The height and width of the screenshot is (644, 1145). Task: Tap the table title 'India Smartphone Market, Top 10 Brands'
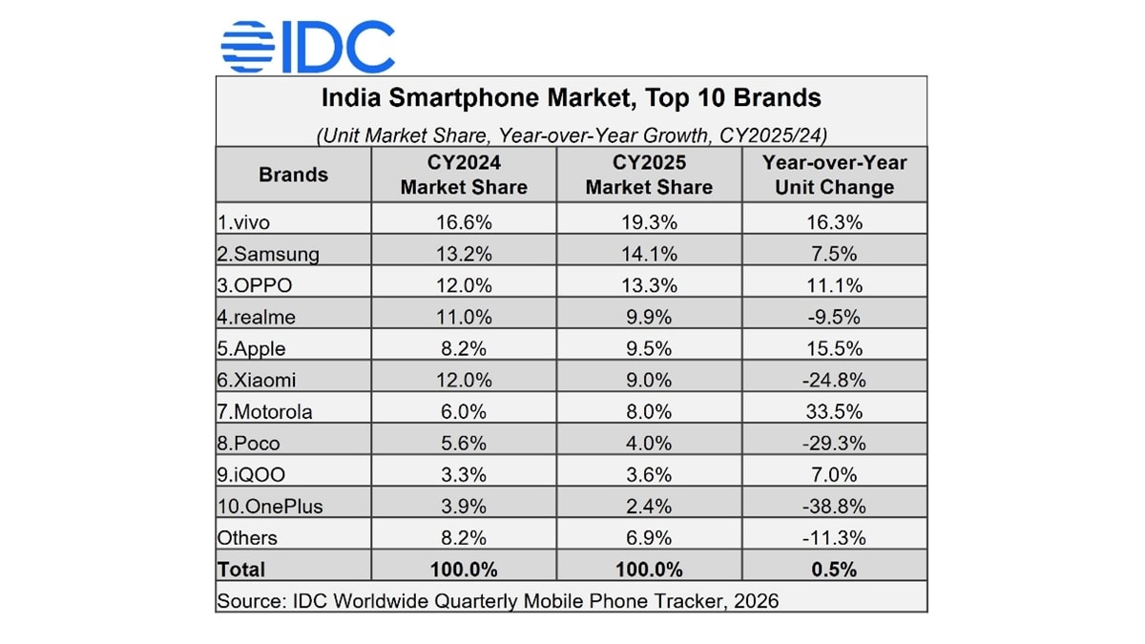coord(571,97)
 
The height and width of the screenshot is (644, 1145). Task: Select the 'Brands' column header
coord(293,175)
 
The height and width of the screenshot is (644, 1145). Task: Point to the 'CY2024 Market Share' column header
coord(464,175)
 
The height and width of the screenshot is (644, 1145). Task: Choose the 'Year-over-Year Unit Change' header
coord(834,175)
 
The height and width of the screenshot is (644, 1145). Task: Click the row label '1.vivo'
coord(244,222)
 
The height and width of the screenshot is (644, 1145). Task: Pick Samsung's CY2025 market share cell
coord(649,254)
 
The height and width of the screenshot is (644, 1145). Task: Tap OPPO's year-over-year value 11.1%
coord(834,285)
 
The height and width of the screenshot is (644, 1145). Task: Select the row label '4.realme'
coord(256,317)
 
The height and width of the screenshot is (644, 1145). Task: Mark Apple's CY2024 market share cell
coord(464,348)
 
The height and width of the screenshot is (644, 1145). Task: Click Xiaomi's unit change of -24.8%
coord(834,380)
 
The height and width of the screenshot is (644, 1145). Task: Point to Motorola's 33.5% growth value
coord(834,411)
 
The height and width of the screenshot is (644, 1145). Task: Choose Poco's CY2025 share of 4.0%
coord(649,443)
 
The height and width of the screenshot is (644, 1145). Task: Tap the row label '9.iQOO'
coord(252,474)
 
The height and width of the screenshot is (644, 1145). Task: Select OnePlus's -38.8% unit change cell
coord(834,506)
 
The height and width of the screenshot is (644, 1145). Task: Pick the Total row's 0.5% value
coord(834,570)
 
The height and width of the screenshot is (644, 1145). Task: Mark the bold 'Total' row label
coord(241,570)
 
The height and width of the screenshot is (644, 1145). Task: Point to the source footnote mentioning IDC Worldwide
coord(497,601)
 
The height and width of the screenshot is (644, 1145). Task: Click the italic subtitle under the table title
coord(571,135)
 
